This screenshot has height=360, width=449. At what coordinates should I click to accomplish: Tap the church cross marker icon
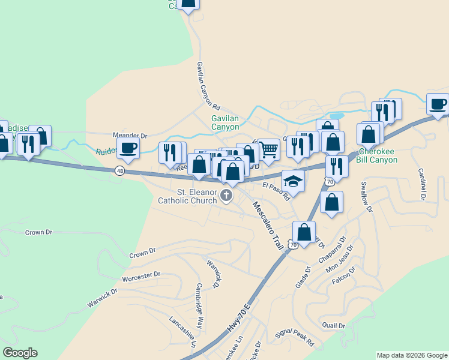tap(226, 196)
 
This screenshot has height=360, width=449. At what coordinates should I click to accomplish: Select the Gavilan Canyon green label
tap(225, 123)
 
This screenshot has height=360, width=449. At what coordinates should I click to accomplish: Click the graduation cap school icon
tap(293, 180)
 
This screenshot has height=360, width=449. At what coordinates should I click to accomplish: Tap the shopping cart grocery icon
tap(270, 149)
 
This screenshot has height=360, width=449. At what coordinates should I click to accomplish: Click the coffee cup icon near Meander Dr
tap(128, 148)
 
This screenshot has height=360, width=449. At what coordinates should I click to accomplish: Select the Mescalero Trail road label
tap(267, 226)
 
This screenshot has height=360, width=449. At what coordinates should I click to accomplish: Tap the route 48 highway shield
tap(121, 171)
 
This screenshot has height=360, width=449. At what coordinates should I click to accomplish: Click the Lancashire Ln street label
tap(182, 332)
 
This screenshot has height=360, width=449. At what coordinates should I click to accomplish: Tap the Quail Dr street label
tap(334, 326)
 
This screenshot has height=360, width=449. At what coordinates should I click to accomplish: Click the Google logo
tap(20, 353)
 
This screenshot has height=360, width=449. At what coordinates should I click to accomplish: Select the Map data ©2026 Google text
tap(411, 355)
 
